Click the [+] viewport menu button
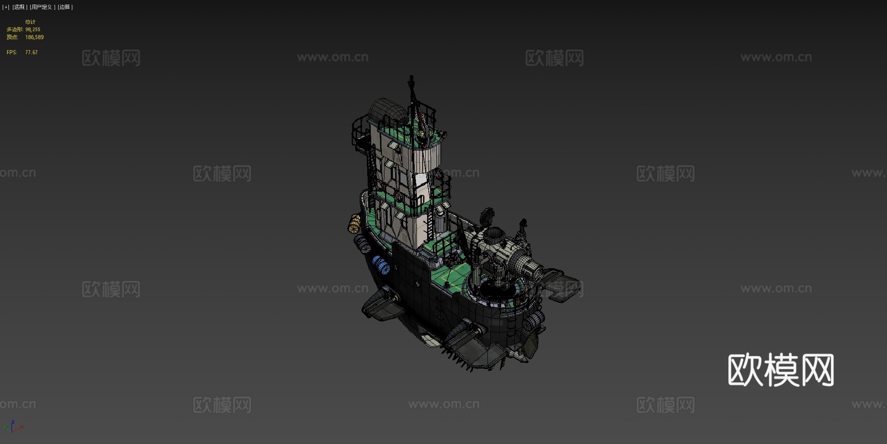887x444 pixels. point(6,7)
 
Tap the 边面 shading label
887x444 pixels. point(65,7)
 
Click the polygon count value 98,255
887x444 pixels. point(33,30)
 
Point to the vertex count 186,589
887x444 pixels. point(34,37)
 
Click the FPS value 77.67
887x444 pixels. point(32,52)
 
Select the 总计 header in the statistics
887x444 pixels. point(30,22)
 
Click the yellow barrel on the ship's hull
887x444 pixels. point(354,224)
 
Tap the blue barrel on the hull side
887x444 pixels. point(380,265)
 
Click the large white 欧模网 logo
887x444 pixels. point(781,370)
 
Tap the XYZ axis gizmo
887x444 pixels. point(13,427)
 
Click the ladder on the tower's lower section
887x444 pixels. point(430,224)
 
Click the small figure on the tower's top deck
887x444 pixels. point(422,136)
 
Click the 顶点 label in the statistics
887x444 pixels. point(12,37)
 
